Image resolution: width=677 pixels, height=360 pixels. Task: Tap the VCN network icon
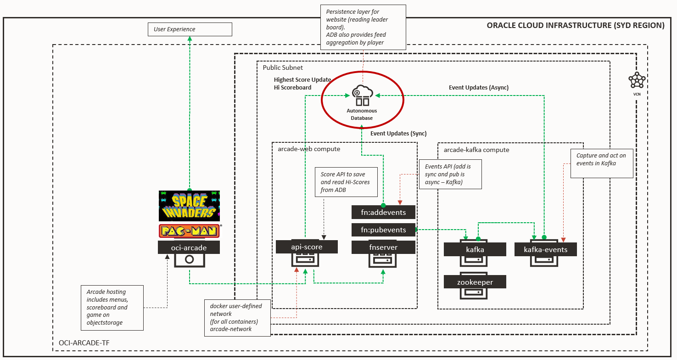637,80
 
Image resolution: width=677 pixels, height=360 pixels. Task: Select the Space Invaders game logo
189,206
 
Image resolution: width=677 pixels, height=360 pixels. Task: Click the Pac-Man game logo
189,231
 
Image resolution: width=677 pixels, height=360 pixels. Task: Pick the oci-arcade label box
189,247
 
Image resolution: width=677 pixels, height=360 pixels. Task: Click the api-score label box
307,247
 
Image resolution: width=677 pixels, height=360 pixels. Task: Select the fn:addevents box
383,212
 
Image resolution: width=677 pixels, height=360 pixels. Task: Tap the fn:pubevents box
383,230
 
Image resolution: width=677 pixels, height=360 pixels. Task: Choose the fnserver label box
383,247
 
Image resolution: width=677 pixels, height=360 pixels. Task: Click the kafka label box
475,249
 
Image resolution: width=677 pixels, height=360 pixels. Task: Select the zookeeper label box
475,282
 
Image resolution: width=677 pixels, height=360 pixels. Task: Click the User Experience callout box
190,29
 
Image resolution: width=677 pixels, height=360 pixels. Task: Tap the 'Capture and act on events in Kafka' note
601,163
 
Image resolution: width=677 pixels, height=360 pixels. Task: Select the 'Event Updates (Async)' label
478,87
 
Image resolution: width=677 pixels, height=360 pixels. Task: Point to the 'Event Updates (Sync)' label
398,133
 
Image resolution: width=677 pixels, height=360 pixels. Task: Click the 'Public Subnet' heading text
283,67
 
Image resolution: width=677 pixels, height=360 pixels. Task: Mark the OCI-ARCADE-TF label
84,343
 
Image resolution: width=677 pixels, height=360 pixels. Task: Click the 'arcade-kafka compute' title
476,150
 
